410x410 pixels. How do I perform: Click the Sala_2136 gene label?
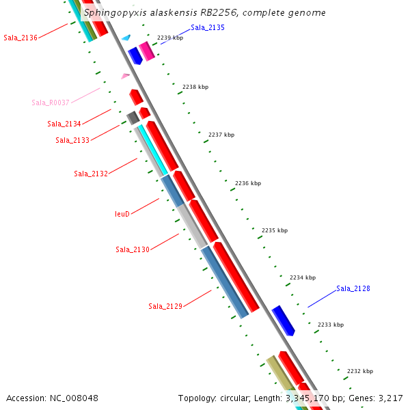click(20, 38)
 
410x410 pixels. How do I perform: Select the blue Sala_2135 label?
click(208, 27)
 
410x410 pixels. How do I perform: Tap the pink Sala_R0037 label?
click(51, 102)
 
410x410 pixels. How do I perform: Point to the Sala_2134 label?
click(64, 124)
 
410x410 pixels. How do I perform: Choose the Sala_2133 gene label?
click(72, 140)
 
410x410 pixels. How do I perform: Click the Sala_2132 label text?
click(91, 174)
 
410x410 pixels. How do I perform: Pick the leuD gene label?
click(122, 214)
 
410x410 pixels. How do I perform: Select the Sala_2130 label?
click(133, 249)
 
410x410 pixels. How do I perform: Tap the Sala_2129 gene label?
click(165, 306)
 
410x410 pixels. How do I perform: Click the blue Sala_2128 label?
click(353, 288)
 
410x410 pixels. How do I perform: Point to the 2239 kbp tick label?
click(170, 38)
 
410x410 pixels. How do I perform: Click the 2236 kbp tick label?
click(248, 183)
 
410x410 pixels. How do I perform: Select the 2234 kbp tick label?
click(303, 277)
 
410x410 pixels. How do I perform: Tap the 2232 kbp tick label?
click(360, 371)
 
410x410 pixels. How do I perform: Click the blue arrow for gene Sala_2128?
click(283, 320)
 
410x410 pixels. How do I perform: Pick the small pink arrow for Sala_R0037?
click(125, 76)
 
